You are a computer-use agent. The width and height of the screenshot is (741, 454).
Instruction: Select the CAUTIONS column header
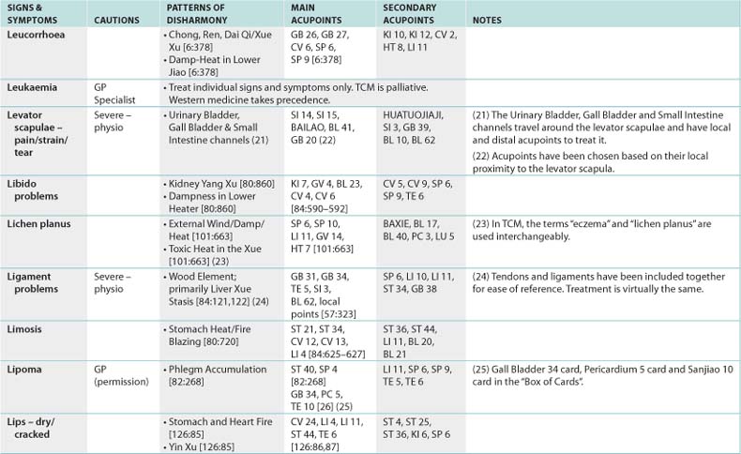click(x=117, y=19)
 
